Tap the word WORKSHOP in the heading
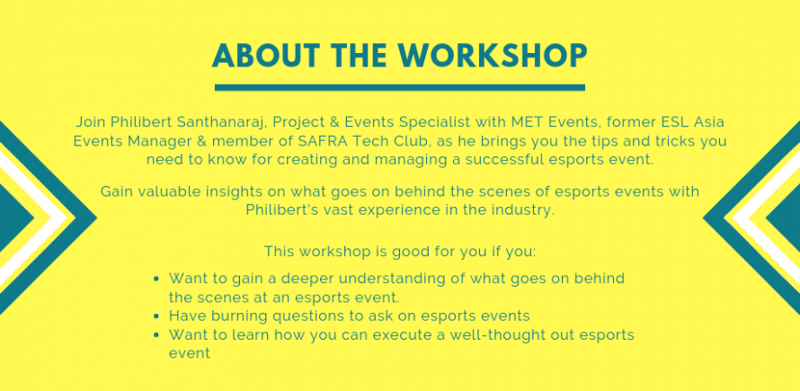(x=493, y=56)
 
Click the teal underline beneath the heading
(x=399, y=87)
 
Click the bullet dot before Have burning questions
(x=157, y=316)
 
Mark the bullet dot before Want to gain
(x=157, y=280)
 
